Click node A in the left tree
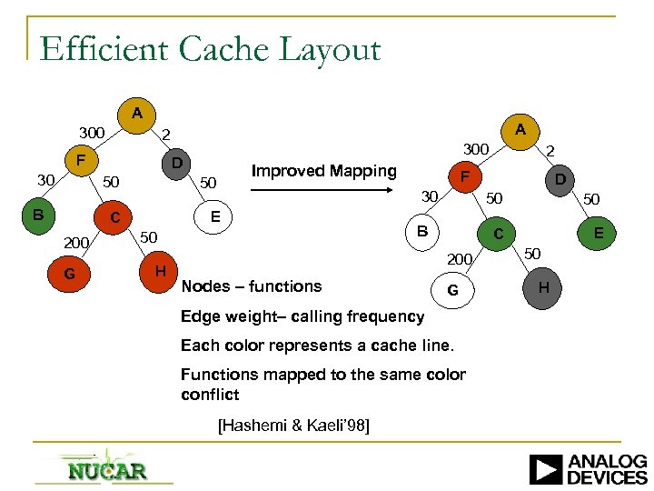click(x=136, y=114)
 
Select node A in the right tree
click(x=520, y=130)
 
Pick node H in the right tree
click(x=543, y=288)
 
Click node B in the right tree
click(x=422, y=232)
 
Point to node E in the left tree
click(x=214, y=216)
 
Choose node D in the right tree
click(x=560, y=180)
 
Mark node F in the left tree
click(x=81, y=162)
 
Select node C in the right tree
click(x=498, y=235)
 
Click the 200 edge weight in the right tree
click(x=460, y=260)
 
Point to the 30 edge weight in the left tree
click(x=45, y=180)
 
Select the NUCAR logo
click(x=106, y=469)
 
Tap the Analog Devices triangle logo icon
click(x=545, y=469)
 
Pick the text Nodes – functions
click(x=252, y=286)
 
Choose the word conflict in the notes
click(x=210, y=395)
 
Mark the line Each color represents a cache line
click(x=317, y=346)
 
